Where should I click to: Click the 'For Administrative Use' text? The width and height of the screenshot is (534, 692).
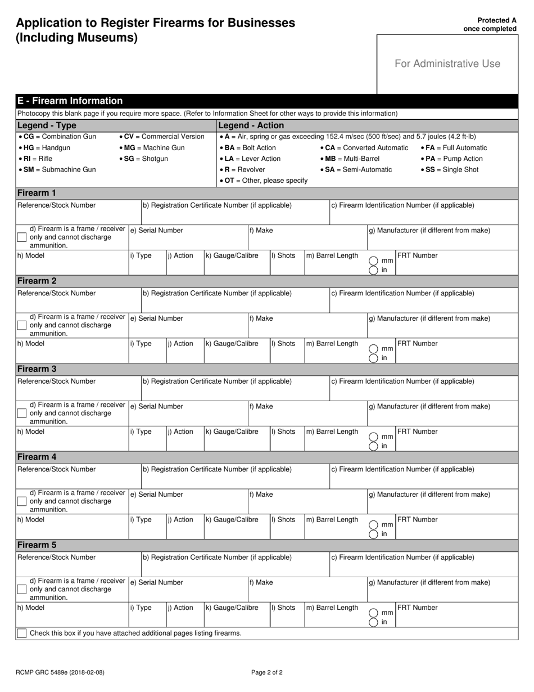pos(447,64)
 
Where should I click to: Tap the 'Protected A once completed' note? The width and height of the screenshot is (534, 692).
pos(489,24)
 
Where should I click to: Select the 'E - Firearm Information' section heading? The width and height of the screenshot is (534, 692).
pos(70,101)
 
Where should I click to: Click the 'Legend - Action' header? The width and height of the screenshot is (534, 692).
pos(251,125)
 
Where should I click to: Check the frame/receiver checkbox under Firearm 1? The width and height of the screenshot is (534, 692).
pos(21,237)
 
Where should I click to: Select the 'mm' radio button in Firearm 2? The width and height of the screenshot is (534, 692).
pos(373,349)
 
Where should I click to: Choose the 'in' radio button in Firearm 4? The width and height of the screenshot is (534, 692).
pos(373,534)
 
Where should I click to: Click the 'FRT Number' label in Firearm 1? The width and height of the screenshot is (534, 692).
pos(417,255)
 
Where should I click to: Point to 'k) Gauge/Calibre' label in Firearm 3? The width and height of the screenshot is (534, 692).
pos(232,432)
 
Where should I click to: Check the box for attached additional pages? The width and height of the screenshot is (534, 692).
pos(21,633)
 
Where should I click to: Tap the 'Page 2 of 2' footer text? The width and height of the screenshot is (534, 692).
pos(267,672)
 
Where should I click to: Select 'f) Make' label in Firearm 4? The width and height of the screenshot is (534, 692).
pos(261,495)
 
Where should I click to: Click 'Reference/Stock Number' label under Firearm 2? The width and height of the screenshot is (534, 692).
pos(56,293)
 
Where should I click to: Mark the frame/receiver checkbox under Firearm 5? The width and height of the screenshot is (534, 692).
pos(21,590)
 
